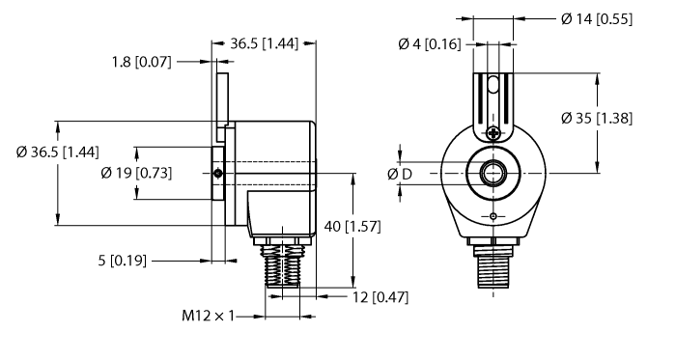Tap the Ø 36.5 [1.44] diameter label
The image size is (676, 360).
click(x=57, y=152)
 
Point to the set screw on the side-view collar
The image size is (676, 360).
click(x=219, y=174)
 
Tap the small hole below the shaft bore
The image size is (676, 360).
click(x=493, y=215)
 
